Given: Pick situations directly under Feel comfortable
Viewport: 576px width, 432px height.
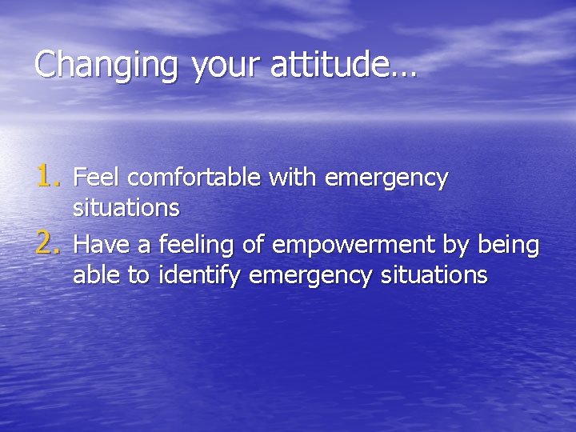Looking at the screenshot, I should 126,209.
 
